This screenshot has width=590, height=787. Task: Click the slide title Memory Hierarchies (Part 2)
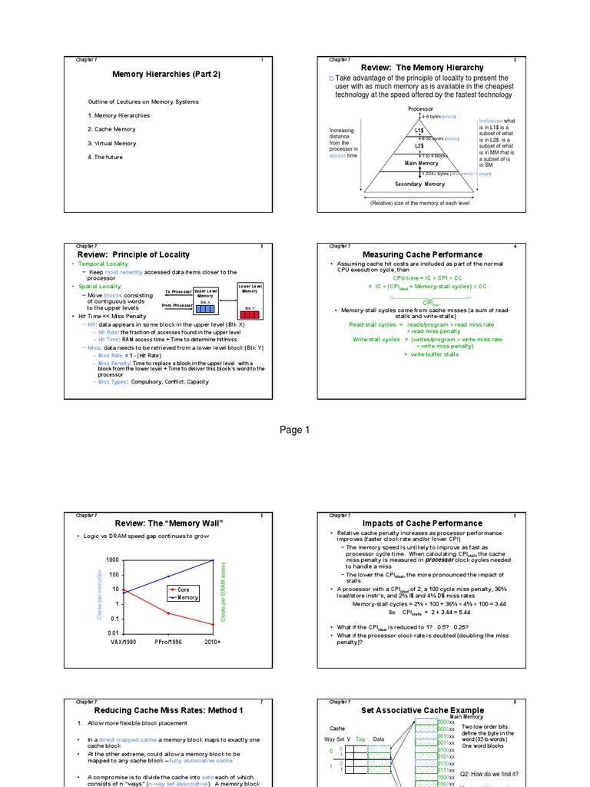pyautogui.click(x=166, y=75)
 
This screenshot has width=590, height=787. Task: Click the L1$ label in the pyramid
pyautogui.click(x=419, y=131)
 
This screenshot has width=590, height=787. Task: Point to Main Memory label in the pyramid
pyautogui.click(x=422, y=163)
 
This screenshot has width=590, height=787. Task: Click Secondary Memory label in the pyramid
pyautogui.click(x=420, y=184)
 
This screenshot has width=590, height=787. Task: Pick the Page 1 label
pyautogui.click(x=294, y=430)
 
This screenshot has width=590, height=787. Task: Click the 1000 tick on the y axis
pyautogui.click(x=113, y=560)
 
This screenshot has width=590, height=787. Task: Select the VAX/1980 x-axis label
pyautogui.click(x=124, y=641)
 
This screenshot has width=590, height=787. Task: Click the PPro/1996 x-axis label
pyautogui.click(x=169, y=641)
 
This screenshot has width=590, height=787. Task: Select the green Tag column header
pyautogui.click(x=360, y=739)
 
